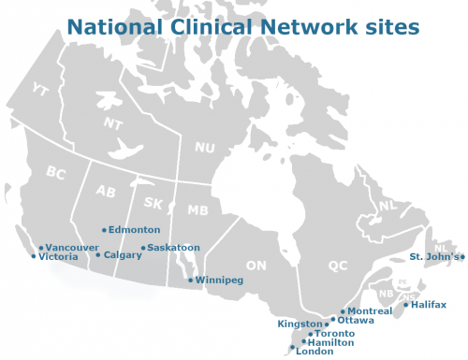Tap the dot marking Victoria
35,256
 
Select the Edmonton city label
135,229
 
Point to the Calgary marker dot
98,254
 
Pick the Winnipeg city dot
191,280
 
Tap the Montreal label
370,310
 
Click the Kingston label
300,324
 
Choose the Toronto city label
335,334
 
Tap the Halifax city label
429,304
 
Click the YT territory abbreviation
40,90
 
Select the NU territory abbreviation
204,148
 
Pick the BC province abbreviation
56,172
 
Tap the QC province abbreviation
338,266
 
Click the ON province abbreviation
256,266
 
